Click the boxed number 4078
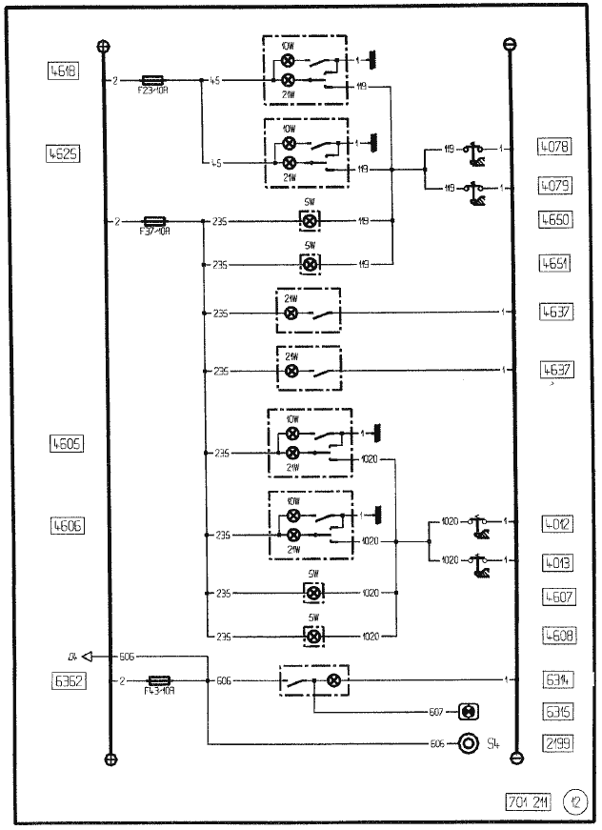(553, 148)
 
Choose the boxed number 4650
(553, 219)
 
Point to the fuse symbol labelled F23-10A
(155, 82)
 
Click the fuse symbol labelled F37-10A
(155, 220)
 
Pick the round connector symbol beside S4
(468, 742)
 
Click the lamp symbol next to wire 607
(468, 712)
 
